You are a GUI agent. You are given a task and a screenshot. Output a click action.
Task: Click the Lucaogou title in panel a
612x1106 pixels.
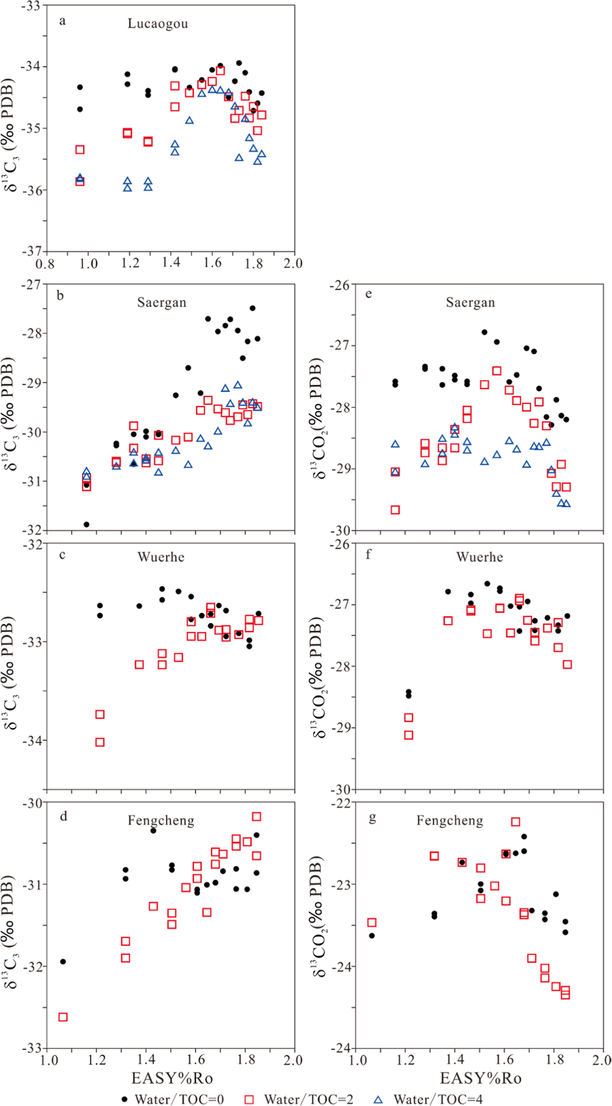coord(157,24)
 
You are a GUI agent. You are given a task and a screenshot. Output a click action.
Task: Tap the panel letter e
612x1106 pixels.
coord(369,294)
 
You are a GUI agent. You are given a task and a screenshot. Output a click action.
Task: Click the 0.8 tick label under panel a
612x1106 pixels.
coord(45,263)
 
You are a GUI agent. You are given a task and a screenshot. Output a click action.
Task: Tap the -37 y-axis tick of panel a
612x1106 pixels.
coord(32,251)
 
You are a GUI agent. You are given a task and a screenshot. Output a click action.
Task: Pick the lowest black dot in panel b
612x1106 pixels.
coord(87,525)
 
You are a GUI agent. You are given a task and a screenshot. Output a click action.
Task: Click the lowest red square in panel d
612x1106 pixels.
coord(63,1017)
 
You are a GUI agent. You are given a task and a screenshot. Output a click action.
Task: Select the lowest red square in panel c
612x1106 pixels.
coord(100,742)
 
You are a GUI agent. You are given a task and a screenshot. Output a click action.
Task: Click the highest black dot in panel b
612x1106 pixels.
coord(253,308)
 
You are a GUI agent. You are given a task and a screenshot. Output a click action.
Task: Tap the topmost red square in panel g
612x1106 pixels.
coord(516,822)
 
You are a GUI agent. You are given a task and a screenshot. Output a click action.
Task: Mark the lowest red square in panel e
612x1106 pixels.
coord(395,510)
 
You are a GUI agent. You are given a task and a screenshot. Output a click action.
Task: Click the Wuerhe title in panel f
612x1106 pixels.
coord(479,557)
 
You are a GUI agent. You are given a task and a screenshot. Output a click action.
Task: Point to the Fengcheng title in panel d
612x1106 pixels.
coord(161,820)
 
